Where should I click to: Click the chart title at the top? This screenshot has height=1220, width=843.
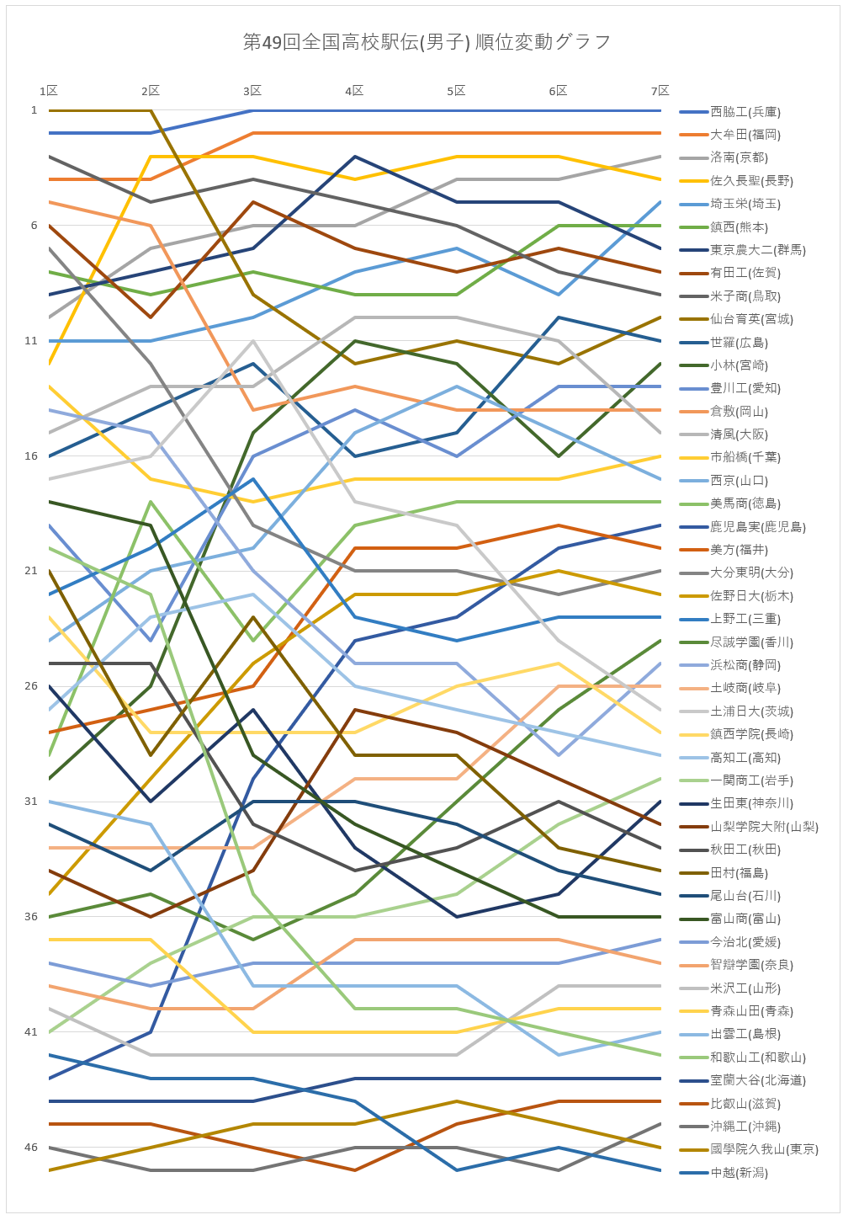point(427,42)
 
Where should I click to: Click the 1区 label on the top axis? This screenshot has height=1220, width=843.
point(49,91)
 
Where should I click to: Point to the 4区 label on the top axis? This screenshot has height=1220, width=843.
point(354,91)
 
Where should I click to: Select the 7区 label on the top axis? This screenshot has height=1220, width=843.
point(660,91)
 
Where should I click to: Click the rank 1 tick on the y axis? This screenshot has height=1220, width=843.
point(34,110)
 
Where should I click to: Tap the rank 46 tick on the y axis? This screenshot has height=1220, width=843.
point(31,1148)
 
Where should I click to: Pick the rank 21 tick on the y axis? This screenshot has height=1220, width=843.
point(31,571)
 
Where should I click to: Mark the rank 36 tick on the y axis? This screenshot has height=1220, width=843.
point(31,917)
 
